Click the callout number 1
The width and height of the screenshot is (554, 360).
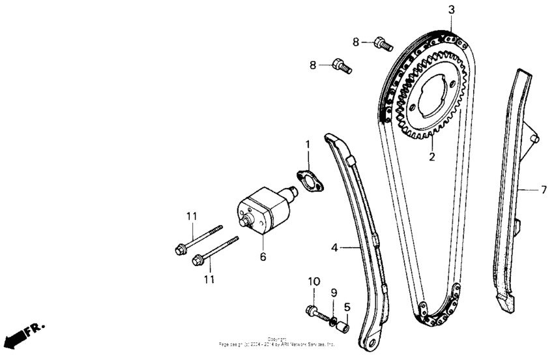(x=308, y=143)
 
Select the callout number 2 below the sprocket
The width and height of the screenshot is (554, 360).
(x=431, y=157)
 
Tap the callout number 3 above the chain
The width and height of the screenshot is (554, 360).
(x=451, y=10)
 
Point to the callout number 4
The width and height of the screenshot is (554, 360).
(x=334, y=248)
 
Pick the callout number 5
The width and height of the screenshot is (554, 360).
(x=347, y=306)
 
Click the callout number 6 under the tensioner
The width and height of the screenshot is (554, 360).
(x=263, y=257)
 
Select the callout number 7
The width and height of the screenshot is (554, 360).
(x=544, y=190)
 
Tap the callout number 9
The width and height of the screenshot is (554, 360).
(x=333, y=293)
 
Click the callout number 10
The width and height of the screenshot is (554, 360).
(x=313, y=282)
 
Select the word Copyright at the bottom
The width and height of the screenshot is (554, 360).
(x=277, y=338)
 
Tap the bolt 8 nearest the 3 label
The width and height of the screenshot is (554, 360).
(x=383, y=44)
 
